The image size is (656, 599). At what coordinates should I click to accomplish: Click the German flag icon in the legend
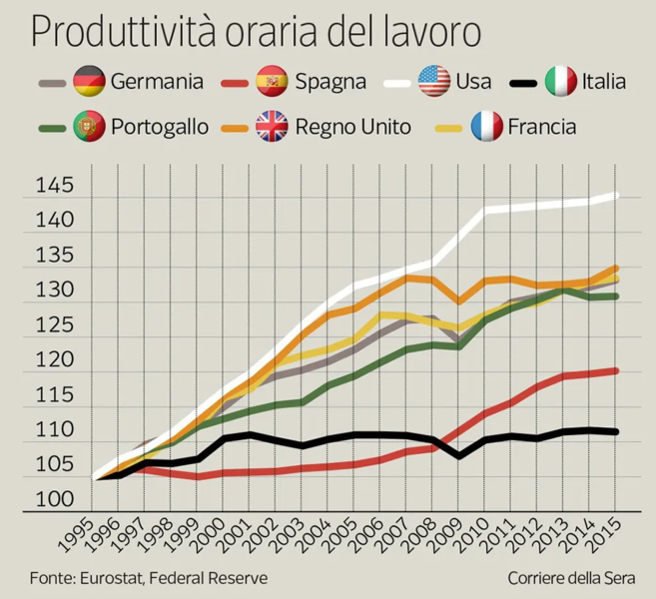[x=90, y=80]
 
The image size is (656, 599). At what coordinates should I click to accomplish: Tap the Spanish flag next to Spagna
[x=273, y=80]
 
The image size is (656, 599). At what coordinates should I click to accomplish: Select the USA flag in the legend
[x=432, y=80]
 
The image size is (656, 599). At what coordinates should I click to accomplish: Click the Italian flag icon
[x=562, y=80]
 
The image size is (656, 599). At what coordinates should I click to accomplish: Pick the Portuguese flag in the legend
[x=90, y=127]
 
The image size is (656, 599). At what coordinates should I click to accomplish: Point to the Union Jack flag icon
[x=272, y=127]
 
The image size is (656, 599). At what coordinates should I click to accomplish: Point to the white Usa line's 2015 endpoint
[x=616, y=195]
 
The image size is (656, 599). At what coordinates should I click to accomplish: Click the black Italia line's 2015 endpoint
[x=616, y=431]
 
